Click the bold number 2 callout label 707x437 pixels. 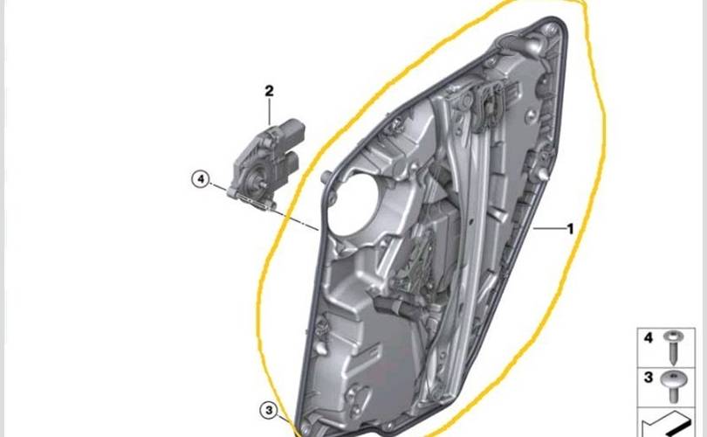[x=269, y=91]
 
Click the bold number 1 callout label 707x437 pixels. [x=570, y=229]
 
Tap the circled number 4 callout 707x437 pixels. [x=201, y=179]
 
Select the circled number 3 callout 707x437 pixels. [x=269, y=411]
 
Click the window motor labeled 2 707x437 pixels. [x=266, y=163]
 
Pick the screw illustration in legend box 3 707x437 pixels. [x=674, y=386]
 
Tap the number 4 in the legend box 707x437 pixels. [x=649, y=337]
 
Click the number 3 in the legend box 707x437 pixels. [x=649, y=378]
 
